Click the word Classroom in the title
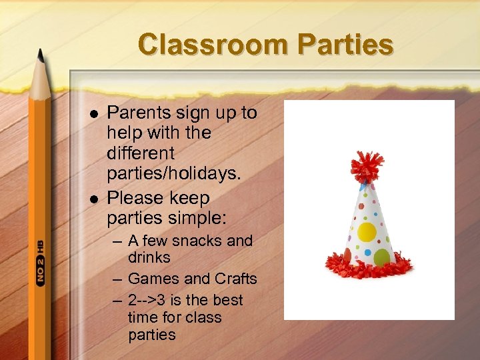tap(212, 45)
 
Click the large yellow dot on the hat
tap(367, 232)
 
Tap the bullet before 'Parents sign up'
tap(94, 114)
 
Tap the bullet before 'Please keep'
tap(94, 199)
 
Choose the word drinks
tap(149, 257)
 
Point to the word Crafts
tap(236, 279)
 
